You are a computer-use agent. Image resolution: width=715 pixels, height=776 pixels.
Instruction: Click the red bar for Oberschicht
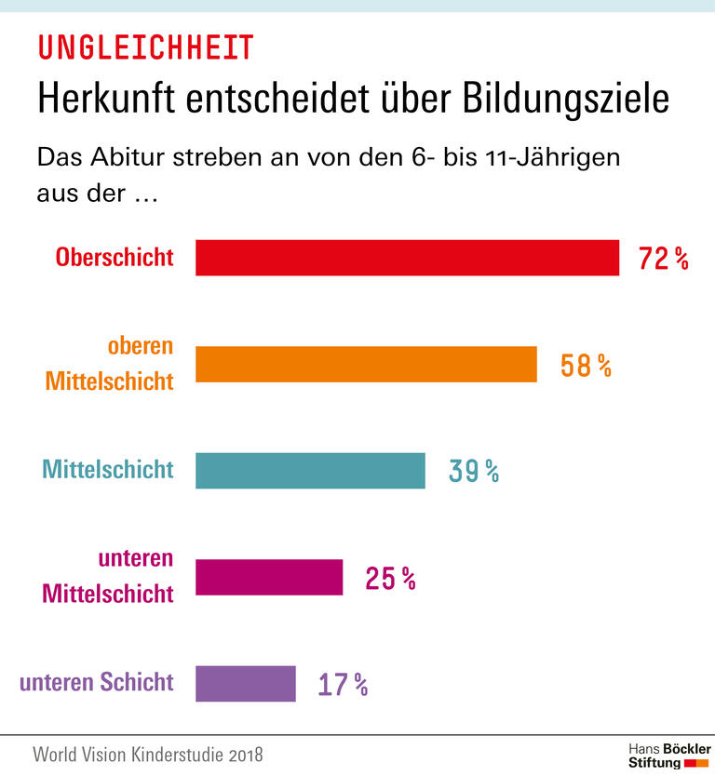pos(407,258)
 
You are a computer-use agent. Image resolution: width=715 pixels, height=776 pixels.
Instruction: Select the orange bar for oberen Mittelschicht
pos(366,364)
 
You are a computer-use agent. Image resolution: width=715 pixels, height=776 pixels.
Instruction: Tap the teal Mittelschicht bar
pos(310,471)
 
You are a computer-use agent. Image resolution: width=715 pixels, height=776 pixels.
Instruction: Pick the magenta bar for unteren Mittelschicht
pos(269,577)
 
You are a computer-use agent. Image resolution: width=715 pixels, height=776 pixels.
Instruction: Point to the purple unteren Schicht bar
pos(245,684)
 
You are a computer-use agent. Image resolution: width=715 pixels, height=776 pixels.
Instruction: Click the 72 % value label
pos(663,259)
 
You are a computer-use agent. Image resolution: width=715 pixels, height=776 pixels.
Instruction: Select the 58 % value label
pos(585,366)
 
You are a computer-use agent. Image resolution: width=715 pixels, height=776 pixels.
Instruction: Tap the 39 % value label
pos(473,472)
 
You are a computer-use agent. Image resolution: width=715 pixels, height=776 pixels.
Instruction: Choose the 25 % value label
pos(390,579)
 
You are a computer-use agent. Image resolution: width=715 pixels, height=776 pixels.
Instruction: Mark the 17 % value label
pos(343,686)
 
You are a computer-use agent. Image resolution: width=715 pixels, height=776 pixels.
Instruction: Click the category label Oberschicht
pos(115,257)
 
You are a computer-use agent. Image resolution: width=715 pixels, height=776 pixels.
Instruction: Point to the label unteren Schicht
pos(97,682)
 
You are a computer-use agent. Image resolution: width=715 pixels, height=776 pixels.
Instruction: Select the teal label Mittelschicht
pos(108,469)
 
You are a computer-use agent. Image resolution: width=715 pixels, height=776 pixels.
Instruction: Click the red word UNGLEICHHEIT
pos(145,46)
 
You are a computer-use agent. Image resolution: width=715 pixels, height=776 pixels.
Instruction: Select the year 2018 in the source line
pos(244,754)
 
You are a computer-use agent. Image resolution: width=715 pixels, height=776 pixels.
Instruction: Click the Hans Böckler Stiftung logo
pos(668,755)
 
